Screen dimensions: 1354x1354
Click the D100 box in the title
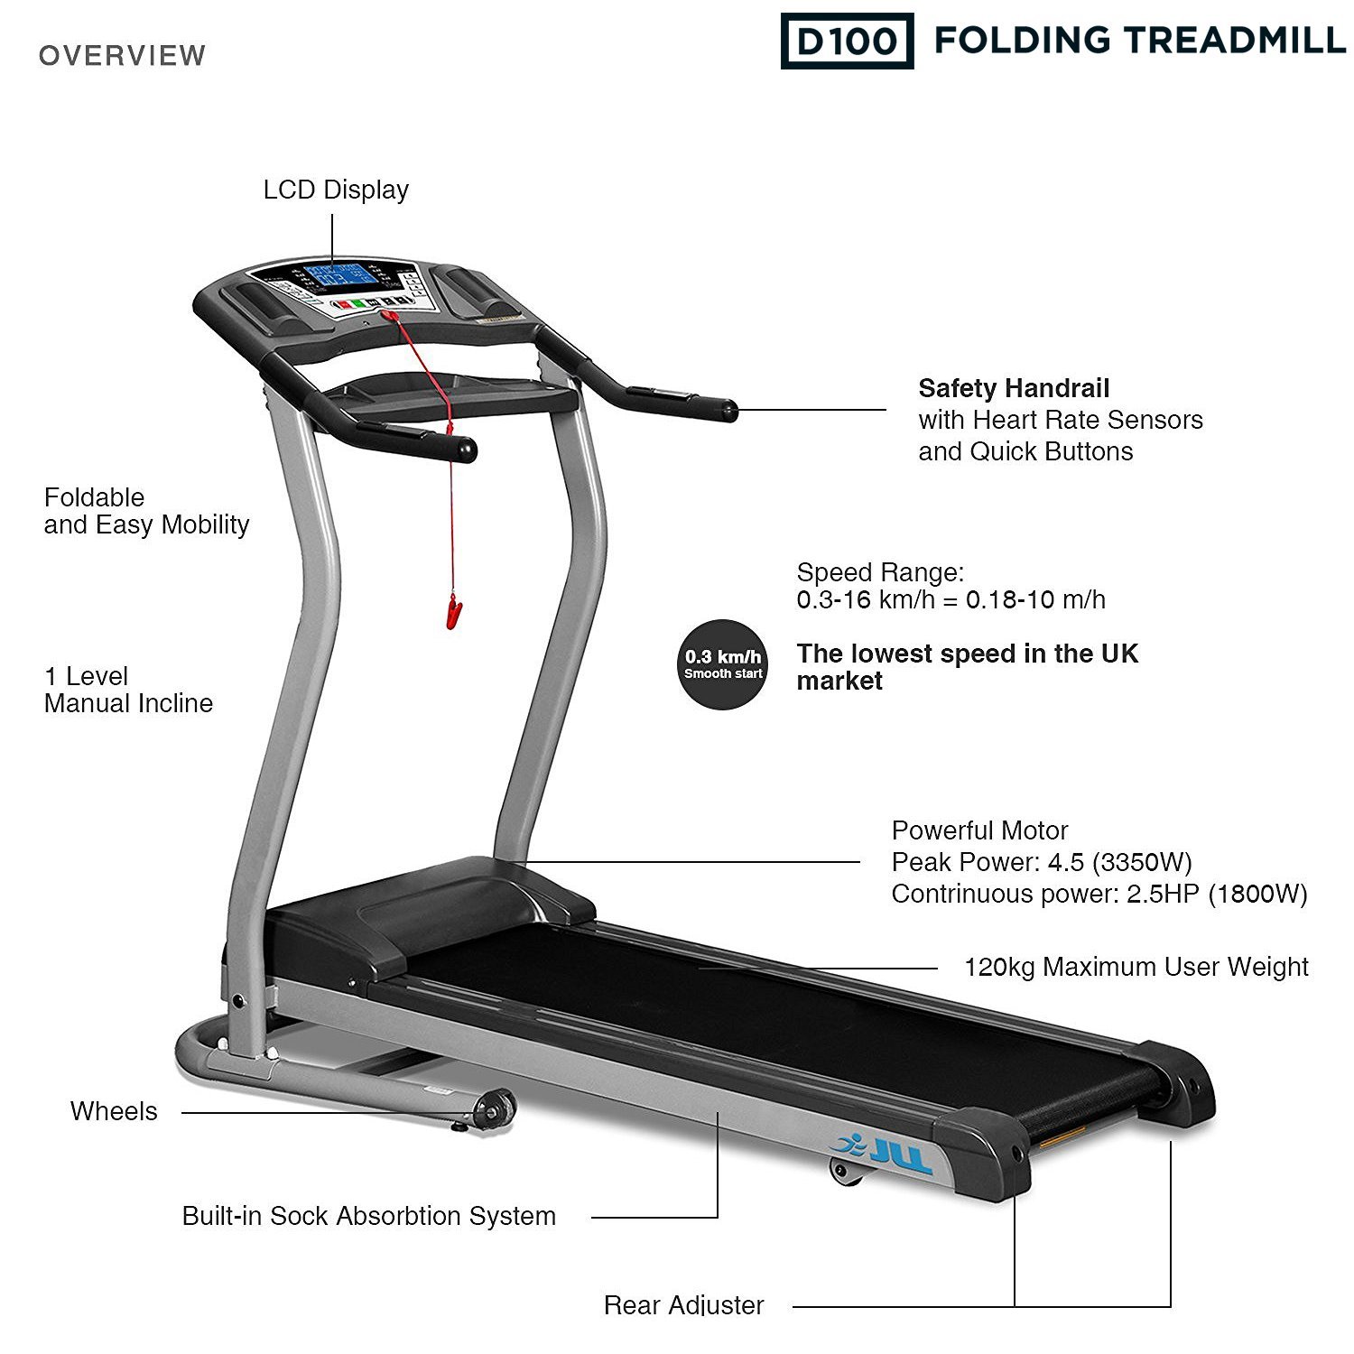tap(847, 41)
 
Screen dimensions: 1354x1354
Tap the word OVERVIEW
tap(122, 56)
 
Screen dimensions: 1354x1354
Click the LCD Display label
tap(336, 190)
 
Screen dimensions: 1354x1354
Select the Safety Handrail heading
tap(1014, 389)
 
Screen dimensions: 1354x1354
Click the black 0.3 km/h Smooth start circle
tap(723, 664)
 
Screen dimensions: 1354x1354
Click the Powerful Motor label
tap(979, 830)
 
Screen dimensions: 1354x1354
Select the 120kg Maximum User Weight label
tap(1136, 967)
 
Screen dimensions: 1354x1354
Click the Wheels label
tap(114, 1111)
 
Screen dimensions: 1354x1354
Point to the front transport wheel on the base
tap(494, 1109)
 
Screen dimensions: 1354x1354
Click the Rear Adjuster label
tap(683, 1304)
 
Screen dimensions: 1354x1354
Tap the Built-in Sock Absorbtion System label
tap(368, 1216)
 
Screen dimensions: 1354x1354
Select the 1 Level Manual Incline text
tap(128, 690)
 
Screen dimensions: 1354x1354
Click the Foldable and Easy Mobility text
tap(146, 511)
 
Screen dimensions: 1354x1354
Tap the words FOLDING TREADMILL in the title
tap(1139, 41)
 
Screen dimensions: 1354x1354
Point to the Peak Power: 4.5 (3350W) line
tap(1042, 862)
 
